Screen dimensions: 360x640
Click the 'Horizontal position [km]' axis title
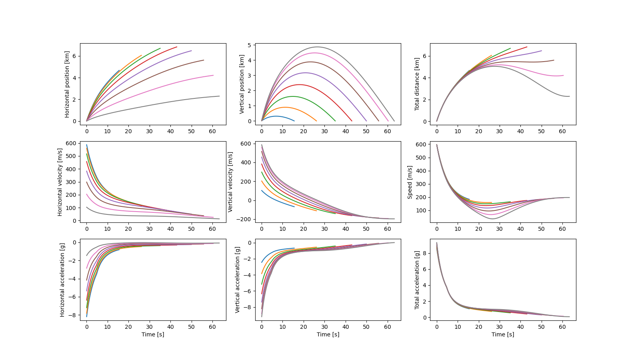coord(67,84)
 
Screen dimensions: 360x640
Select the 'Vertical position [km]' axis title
coord(242,84)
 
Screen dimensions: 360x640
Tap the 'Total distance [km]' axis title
coord(417,84)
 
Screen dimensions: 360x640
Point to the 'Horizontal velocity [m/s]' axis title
coord(60,182)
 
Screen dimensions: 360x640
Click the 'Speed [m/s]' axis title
coord(410,182)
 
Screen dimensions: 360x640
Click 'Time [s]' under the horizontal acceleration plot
coord(153,334)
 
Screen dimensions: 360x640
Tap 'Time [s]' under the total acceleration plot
coord(503,334)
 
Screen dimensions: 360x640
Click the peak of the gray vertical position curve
coord(317,47)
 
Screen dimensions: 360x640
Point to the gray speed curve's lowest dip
coord(492,219)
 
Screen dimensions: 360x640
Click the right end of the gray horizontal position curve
coord(219,96)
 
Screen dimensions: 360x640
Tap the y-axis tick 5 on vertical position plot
coord(249,45)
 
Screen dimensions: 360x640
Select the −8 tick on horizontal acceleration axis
coord(73,315)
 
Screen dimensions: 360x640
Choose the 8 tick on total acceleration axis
coord(429,253)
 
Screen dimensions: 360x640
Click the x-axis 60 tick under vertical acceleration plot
coord(387,327)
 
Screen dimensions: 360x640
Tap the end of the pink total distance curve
coord(563,75)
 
